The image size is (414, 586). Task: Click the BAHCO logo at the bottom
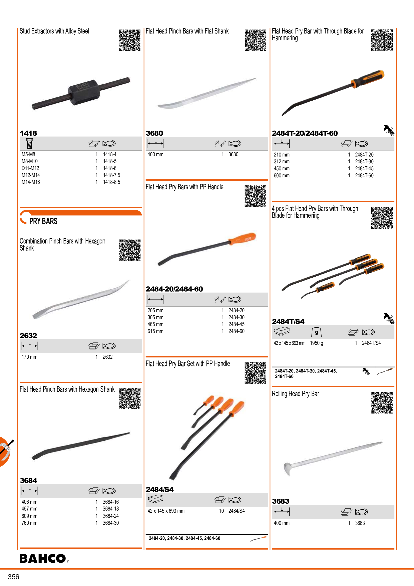pyautogui.click(x=44, y=558)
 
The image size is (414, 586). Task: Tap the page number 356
pyautogui.click(x=14, y=577)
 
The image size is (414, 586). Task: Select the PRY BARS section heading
pyautogui.click(x=43, y=221)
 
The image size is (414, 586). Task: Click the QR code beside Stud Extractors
pyautogui.click(x=130, y=40)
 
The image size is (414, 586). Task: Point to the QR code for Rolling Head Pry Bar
pyautogui.click(x=382, y=403)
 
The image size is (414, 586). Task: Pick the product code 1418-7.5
pyautogui.click(x=112, y=175)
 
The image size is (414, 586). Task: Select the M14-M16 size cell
pyautogui.click(x=31, y=182)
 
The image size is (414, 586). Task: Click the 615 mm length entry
pyautogui.click(x=155, y=331)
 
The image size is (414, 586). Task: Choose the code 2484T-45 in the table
pyautogui.click(x=364, y=169)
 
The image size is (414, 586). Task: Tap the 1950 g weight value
pyautogui.click(x=317, y=343)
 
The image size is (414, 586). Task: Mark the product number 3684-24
pyautogui.click(x=111, y=516)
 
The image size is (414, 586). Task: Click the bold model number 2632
pyautogui.click(x=28, y=336)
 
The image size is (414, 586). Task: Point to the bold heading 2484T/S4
pyautogui.click(x=288, y=322)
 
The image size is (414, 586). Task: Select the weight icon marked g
pyautogui.click(x=316, y=332)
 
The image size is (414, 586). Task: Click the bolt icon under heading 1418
pyautogui.click(x=29, y=143)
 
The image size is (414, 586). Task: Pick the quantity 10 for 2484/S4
pyautogui.click(x=221, y=511)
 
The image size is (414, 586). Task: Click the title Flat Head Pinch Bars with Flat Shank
pyautogui.click(x=187, y=31)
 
